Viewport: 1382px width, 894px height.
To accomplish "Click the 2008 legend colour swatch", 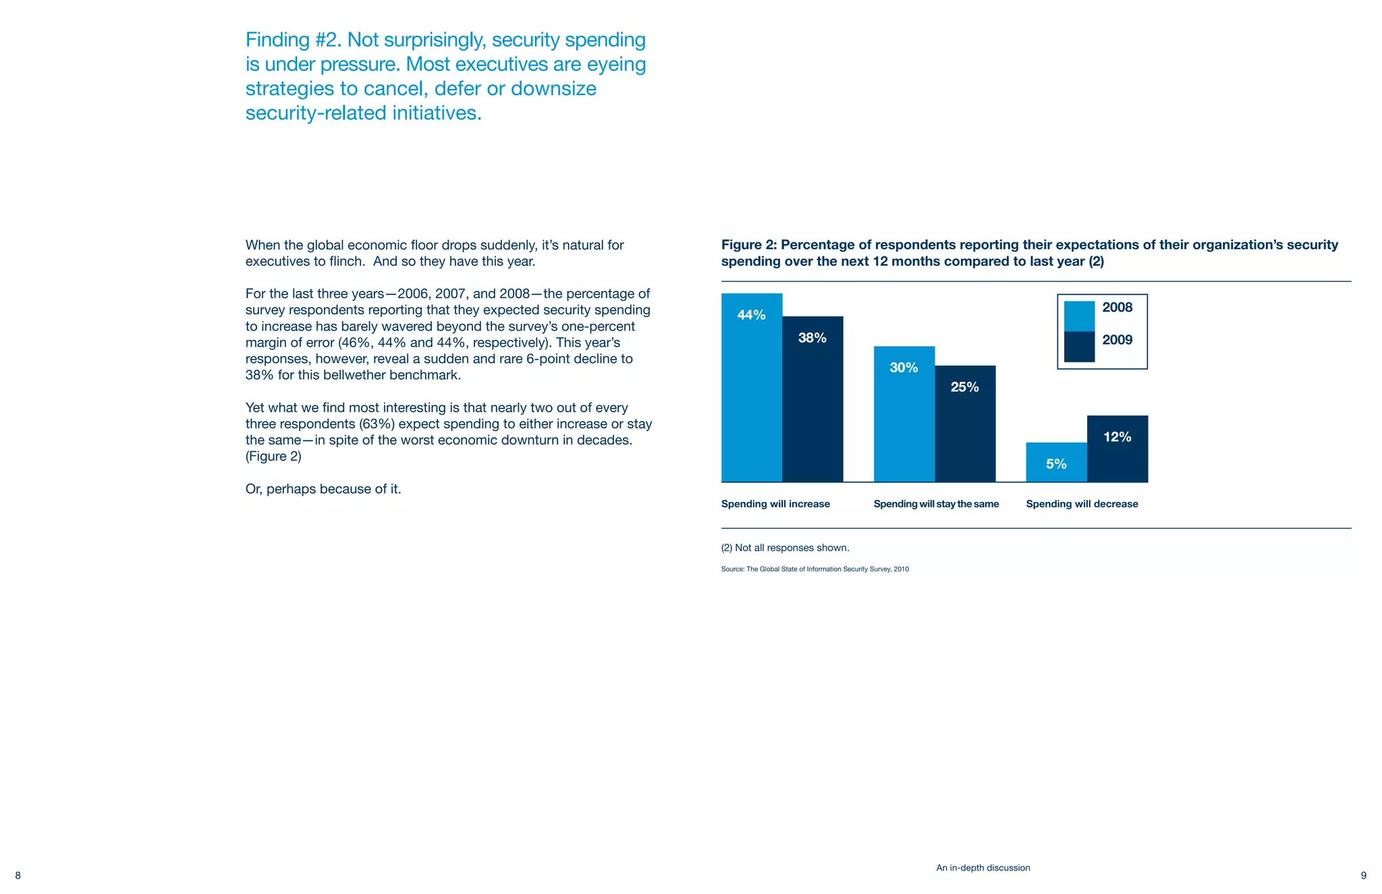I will coord(1079,316).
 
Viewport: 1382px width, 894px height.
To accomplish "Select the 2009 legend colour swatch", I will coord(1079,347).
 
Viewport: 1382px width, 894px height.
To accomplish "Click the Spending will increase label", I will coord(775,504).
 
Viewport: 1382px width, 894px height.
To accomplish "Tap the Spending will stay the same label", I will coord(936,504).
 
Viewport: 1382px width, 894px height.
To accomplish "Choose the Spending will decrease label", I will coord(1082,504).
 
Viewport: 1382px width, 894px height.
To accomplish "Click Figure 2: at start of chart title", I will coord(748,245).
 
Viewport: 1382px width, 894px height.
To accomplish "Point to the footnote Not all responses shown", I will coord(785,548).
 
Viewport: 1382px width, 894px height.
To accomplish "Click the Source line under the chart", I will coord(814,569).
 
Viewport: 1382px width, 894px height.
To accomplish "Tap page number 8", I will coord(18,876).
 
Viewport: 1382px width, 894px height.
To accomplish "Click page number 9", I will coord(1363,876).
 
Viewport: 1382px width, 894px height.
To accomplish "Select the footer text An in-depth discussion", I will coord(983,868).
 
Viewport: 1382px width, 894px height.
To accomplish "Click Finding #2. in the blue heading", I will coord(293,40).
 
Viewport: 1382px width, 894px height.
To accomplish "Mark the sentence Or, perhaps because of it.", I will coord(323,489).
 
